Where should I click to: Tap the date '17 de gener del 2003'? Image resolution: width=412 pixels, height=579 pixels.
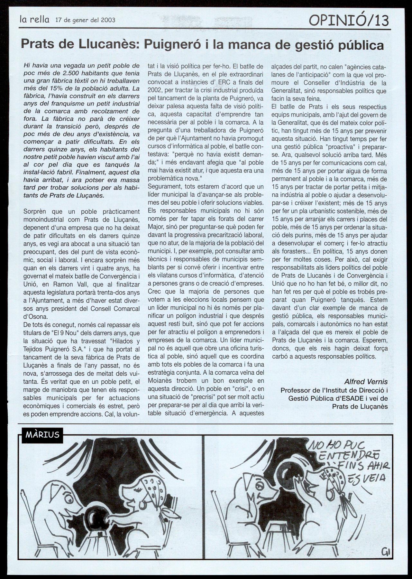(x=85, y=20)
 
